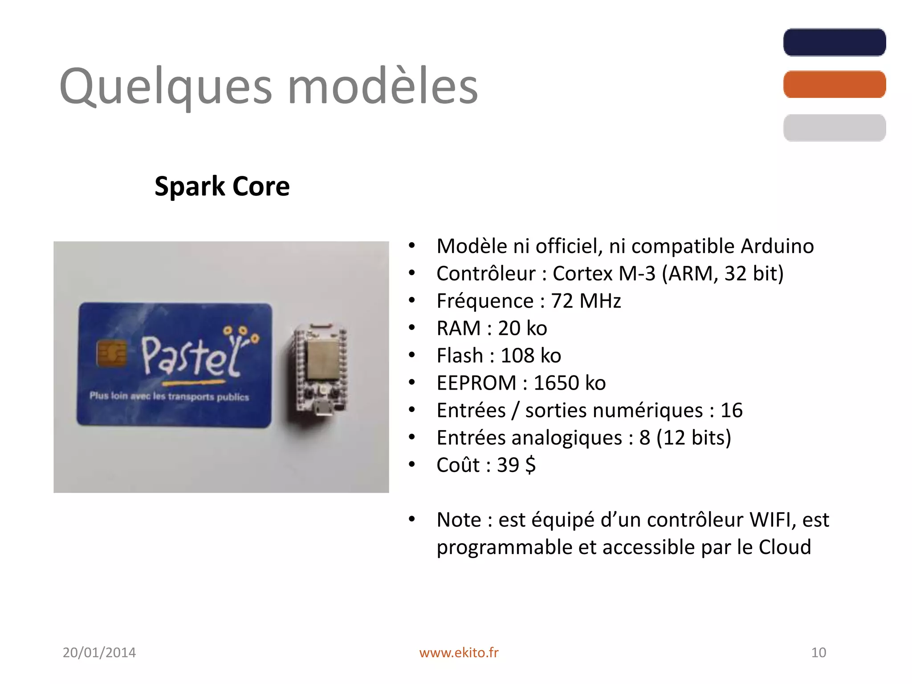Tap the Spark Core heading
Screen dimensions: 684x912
pos(222,186)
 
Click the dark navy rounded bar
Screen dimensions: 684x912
pos(834,42)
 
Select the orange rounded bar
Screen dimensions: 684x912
pos(834,84)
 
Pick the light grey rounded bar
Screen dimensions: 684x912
pos(834,128)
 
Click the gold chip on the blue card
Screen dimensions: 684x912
pos(111,354)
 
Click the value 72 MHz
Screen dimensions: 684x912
pos(586,301)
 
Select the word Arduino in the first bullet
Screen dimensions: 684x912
pos(777,246)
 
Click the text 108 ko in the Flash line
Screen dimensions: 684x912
pos(531,356)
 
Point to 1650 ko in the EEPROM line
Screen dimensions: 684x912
pos(570,383)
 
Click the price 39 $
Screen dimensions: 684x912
pos(516,465)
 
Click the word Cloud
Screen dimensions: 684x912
pos(785,547)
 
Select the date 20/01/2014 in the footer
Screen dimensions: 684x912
pos(99,652)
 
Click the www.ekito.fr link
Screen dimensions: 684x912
pos(459,652)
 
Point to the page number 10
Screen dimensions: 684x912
pos(818,652)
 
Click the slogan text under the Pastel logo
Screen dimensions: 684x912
pos(169,396)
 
